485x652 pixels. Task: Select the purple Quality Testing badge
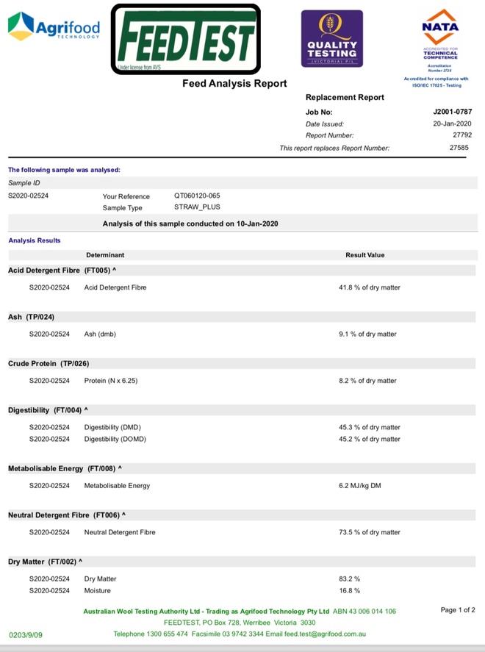pyautogui.click(x=331, y=39)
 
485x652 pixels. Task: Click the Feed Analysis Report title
pyautogui.click(x=234, y=84)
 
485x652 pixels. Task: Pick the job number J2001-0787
pyautogui.click(x=453, y=112)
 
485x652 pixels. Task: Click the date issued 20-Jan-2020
pyautogui.click(x=453, y=123)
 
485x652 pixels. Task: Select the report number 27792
pyautogui.click(x=462, y=135)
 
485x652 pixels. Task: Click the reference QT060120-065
pyautogui.click(x=197, y=196)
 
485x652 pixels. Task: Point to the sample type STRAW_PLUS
pyautogui.click(x=197, y=207)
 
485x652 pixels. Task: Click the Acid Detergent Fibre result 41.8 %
pyautogui.click(x=370, y=287)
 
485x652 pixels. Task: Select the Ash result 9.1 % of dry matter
pyautogui.click(x=367, y=334)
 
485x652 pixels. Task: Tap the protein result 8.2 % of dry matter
pyautogui.click(x=367, y=381)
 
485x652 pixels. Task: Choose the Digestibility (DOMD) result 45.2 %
pyautogui.click(x=370, y=439)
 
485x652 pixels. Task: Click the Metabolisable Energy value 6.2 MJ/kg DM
pyautogui.click(x=360, y=486)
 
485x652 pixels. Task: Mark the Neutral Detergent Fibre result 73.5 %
pyautogui.click(x=370, y=532)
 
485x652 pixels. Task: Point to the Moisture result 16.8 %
pyautogui.click(x=349, y=590)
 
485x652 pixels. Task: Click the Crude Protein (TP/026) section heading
pyautogui.click(x=48, y=364)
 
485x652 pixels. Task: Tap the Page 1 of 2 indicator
pyautogui.click(x=458, y=610)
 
